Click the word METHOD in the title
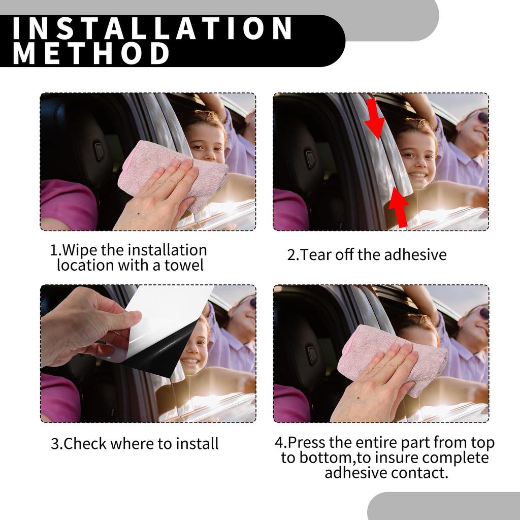click(91, 53)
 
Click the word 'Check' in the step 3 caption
click(85, 443)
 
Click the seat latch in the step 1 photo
click(100, 151)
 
